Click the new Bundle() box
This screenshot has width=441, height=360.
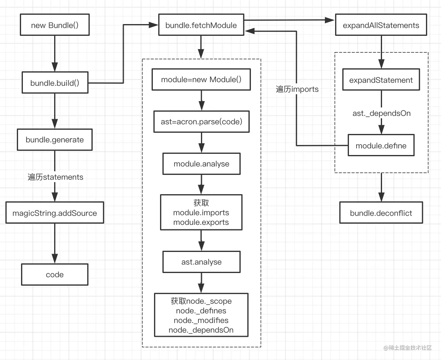(x=55, y=25)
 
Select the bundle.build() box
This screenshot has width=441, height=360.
(x=55, y=82)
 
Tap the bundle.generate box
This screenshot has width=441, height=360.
(x=55, y=140)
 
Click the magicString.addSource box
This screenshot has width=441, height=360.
(x=55, y=213)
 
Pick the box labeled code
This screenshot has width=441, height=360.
(x=55, y=274)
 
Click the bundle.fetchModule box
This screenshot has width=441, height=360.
(x=201, y=25)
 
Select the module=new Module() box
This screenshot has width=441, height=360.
(x=201, y=79)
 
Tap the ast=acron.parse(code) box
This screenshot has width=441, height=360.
(x=201, y=122)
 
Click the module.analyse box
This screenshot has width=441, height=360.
(x=201, y=164)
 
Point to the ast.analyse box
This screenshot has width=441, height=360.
(x=201, y=262)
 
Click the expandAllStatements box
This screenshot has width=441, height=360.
(x=381, y=25)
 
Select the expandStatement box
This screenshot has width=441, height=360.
(x=381, y=79)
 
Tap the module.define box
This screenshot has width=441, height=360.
(x=381, y=145)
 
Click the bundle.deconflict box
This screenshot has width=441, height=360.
(x=381, y=213)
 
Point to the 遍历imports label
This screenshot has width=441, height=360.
(x=297, y=89)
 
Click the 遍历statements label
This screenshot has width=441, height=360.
(x=55, y=177)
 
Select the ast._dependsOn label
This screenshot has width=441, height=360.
(x=382, y=113)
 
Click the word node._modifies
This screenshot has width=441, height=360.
(x=201, y=320)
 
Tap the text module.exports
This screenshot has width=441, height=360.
(x=201, y=222)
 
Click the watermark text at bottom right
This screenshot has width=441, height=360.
(x=408, y=348)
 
